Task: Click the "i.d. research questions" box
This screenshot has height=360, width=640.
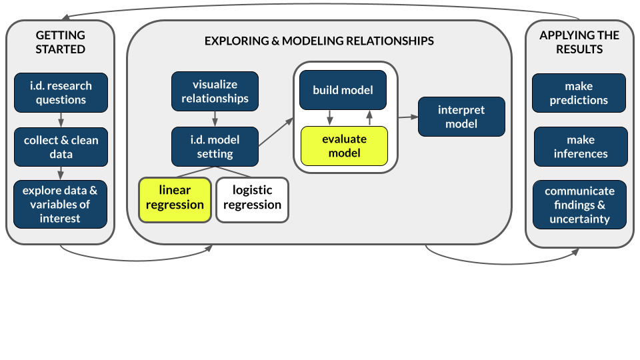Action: tap(61, 93)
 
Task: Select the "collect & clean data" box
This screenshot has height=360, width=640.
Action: tap(61, 147)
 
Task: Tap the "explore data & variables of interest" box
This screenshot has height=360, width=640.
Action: tap(61, 204)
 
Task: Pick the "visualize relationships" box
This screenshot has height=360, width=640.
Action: tap(215, 91)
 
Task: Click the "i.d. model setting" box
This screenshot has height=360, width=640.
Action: tap(215, 147)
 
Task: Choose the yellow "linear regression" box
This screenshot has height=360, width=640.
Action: tap(175, 198)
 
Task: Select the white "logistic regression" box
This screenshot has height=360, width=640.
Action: tap(252, 198)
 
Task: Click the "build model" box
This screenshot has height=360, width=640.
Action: tap(343, 90)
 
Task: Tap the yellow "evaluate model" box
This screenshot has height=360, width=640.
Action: tap(344, 145)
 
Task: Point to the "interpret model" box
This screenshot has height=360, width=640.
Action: tap(461, 117)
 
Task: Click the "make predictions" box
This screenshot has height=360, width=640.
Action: tap(579, 93)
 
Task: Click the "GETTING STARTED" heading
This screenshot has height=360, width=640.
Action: tap(61, 42)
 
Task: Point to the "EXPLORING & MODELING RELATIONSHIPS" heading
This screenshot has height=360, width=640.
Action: tap(319, 41)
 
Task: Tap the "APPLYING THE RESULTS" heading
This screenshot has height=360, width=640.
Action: tap(579, 42)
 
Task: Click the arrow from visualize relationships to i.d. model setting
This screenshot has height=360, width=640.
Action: tap(215, 119)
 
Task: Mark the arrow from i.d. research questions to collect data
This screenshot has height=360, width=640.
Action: tap(61, 120)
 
